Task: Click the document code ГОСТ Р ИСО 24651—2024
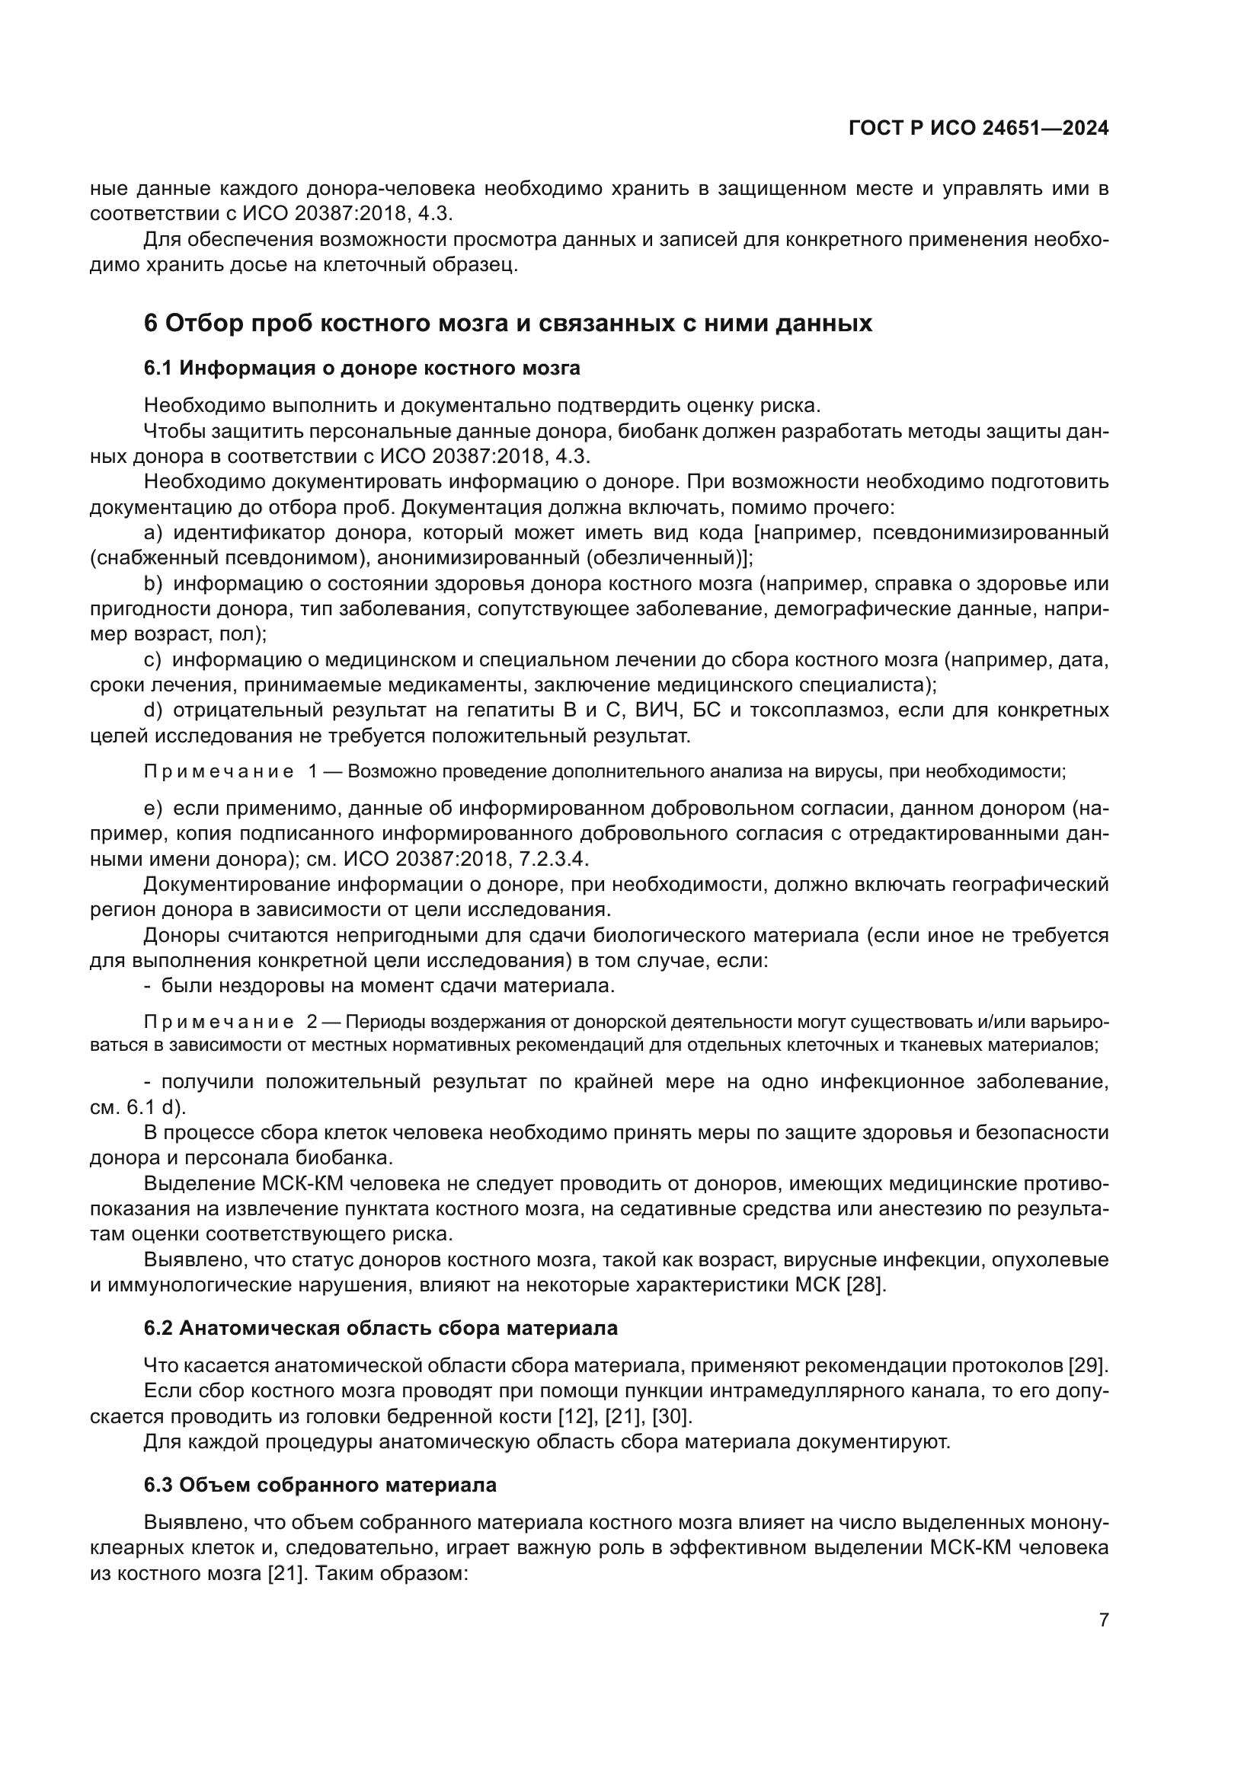978,129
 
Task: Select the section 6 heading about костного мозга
508,323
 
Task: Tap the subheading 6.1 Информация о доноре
362,368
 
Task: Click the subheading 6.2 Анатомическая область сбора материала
380,1329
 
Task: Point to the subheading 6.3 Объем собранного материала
320,1485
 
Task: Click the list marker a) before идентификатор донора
153,533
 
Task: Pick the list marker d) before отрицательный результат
153,710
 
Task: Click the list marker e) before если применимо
153,809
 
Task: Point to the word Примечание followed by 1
219,772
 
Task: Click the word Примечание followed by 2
219,1023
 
